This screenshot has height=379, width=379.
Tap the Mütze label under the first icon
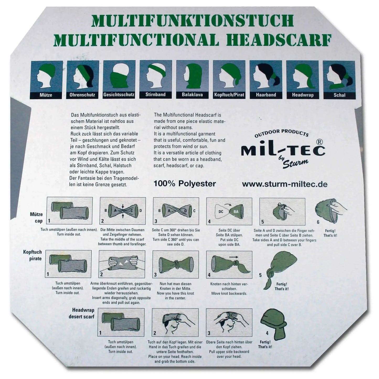pyautogui.click(x=46, y=95)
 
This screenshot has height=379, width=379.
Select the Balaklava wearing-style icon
pyautogui.click(x=192, y=76)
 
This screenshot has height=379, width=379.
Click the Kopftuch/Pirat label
pyautogui.click(x=229, y=95)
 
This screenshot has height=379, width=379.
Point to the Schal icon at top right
pyautogui.click(x=339, y=76)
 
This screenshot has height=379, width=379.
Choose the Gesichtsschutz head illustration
pyautogui.click(x=119, y=76)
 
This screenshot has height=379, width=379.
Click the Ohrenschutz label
pyautogui.click(x=82, y=95)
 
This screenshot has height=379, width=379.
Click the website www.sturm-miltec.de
pyautogui.click(x=285, y=184)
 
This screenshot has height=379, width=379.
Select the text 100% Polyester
pyautogui.click(x=184, y=184)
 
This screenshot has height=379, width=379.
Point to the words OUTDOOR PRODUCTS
pyautogui.click(x=281, y=133)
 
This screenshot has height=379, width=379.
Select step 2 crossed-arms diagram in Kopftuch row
pyautogui.click(x=122, y=264)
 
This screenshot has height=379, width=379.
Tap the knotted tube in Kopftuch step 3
pyautogui.click(x=175, y=264)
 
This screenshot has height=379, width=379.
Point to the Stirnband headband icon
pyautogui.click(x=156, y=76)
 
